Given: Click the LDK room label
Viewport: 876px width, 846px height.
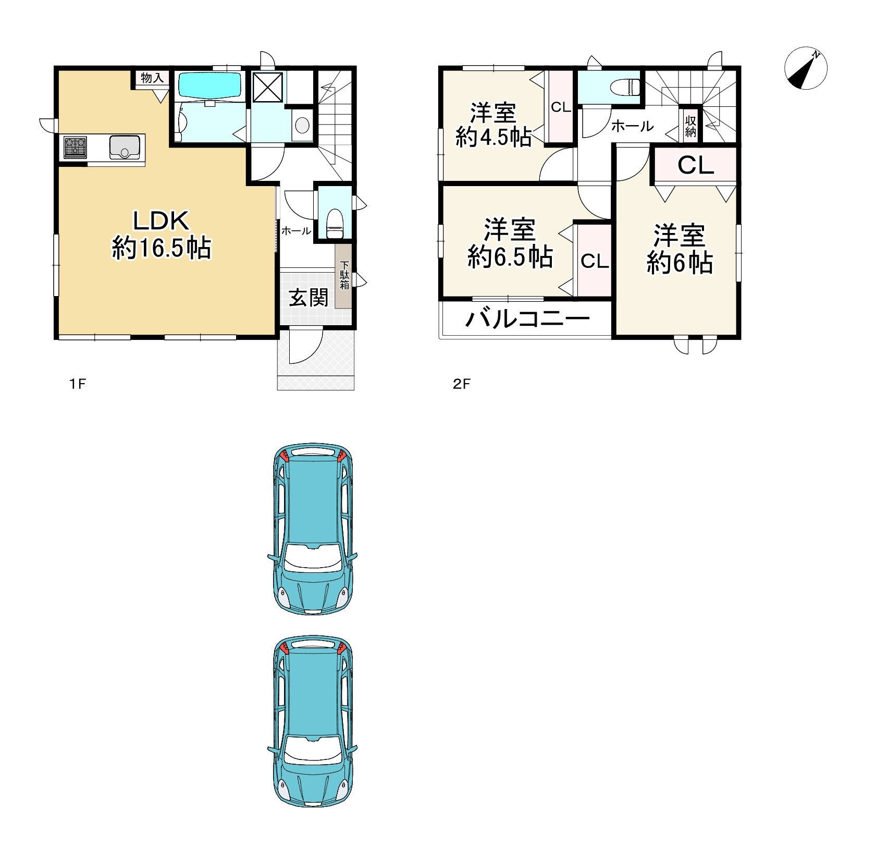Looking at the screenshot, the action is click(162, 221).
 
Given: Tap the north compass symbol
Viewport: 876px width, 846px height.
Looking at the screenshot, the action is click(806, 68).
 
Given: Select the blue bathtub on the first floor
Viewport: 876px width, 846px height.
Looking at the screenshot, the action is click(210, 85).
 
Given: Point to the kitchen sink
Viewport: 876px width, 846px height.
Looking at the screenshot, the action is click(125, 146).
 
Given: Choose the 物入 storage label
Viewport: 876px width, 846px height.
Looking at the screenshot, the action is click(152, 78).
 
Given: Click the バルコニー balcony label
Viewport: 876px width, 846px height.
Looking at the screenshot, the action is click(527, 318).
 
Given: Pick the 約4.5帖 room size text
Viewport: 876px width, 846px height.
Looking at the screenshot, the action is click(493, 137).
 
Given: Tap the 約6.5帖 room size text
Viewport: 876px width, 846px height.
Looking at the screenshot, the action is click(510, 257).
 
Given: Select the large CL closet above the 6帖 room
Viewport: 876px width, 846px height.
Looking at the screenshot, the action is click(695, 165).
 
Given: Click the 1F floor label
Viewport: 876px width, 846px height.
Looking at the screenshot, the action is click(78, 384).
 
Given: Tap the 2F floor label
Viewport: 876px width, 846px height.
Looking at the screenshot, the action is click(462, 384).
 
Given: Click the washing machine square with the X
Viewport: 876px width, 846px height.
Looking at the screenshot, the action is click(267, 87).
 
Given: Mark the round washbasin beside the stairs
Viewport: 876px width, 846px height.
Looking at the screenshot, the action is click(302, 125).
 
